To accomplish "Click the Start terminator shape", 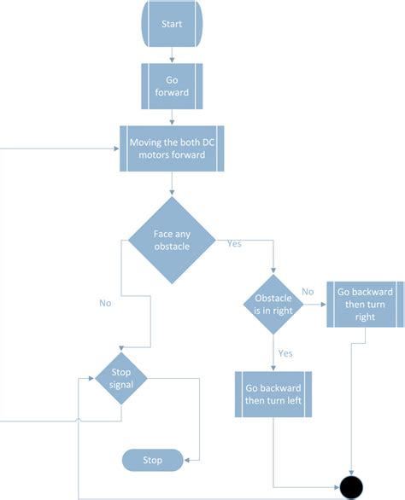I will click(x=172, y=24).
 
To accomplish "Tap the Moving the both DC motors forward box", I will click(x=173, y=149).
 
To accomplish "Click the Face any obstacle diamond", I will click(x=173, y=241).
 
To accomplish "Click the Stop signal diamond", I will click(x=120, y=377).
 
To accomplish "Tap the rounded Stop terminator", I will click(x=153, y=461).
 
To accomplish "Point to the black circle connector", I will click(x=351, y=487).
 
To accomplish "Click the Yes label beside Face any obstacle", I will click(x=233, y=243).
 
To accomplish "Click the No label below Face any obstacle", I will click(x=105, y=302).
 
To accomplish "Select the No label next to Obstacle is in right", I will click(x=308, y=293).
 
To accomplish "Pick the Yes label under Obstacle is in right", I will click(x=285, y=352).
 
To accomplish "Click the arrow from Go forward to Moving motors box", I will click(x=172, y=119).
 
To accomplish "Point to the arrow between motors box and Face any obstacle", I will click(x=173, y=183).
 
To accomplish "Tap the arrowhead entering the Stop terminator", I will click(x=189, y=461).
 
